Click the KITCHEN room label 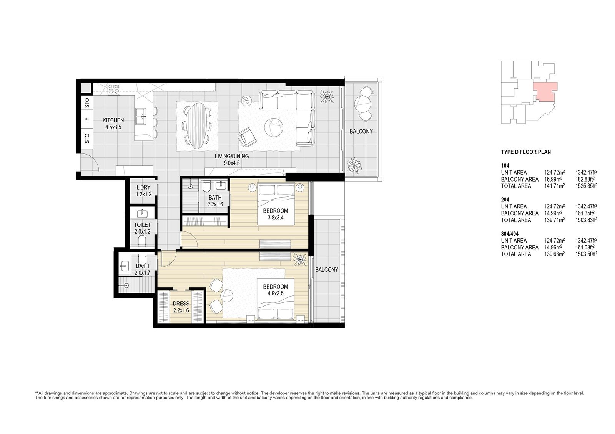coord(113,120)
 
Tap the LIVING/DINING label coord(232,156)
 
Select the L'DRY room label coord(143,187)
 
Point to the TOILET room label coord(142,225)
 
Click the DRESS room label coord(181,304)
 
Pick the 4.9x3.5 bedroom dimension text coord(275,293)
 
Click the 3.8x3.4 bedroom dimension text coord(275,218)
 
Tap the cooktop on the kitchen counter coord(114,89)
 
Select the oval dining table coord(197,125)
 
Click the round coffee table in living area coord(274,127)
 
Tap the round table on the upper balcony coord(363,104)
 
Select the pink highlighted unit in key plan coord(545,92)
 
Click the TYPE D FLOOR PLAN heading coord(526,152)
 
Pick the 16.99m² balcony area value coord(555,179)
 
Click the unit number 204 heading coord(505,200)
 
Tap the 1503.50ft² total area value coord(586,254)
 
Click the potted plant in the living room coord(327,96)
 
